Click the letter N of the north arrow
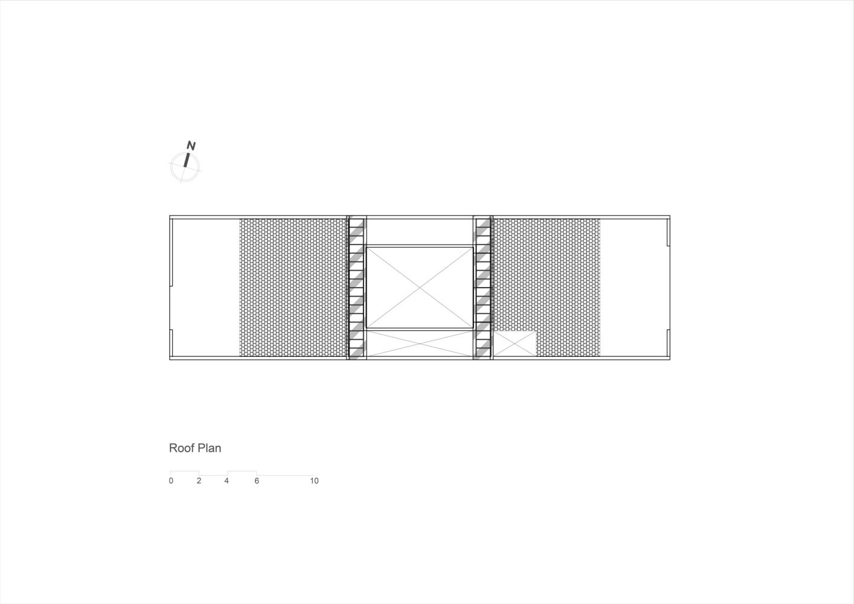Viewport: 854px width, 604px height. [191, 146]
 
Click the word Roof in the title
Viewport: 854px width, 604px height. [181, 448]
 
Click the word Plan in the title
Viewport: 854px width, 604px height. [209, 448]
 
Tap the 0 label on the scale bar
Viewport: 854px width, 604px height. [171, 481]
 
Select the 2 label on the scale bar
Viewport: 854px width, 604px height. [199, 481]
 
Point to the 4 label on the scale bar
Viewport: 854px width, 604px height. [226, 481]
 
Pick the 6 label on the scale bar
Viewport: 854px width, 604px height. [257, 481]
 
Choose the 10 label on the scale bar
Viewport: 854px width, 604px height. [314, 481]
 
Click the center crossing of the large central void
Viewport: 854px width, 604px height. [420, 288]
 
